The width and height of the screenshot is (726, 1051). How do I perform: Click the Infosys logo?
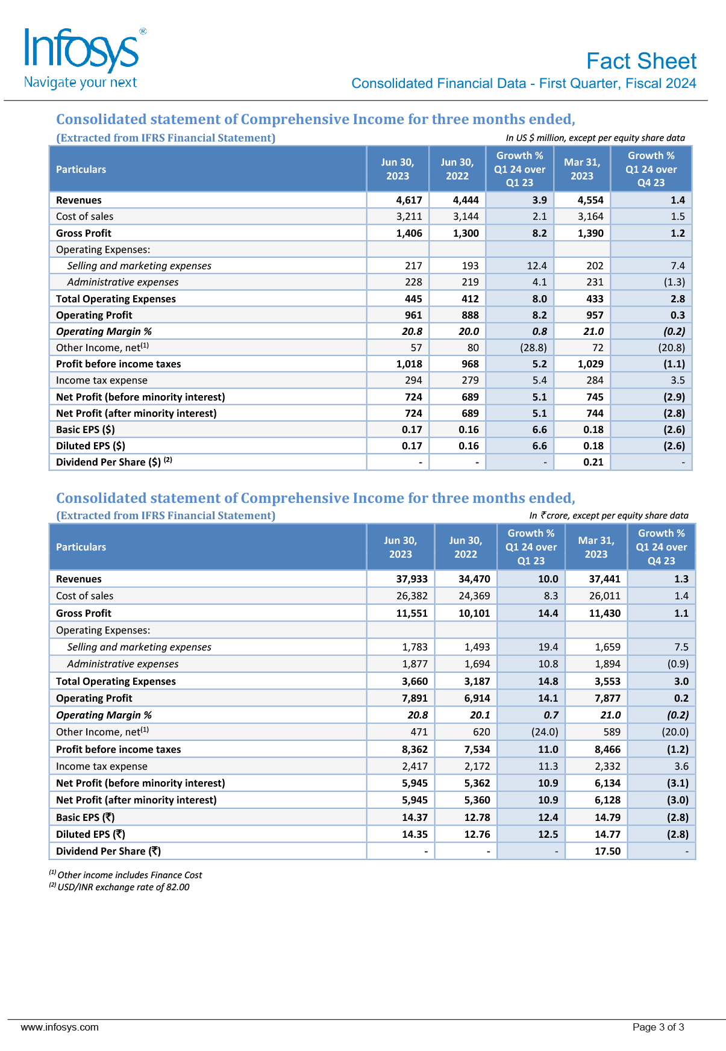[82, 51]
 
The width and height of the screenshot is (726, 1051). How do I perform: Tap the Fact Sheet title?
[641, 61]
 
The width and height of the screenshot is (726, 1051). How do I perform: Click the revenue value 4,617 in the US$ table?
[409, 200]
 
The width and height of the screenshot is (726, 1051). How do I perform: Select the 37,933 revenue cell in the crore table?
[412, 579]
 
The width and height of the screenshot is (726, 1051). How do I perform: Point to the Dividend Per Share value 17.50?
[607, 851]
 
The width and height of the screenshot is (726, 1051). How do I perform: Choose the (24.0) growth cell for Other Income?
[544, 732]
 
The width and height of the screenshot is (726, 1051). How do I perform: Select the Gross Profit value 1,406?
[409, 233]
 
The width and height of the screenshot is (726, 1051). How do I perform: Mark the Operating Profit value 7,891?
[415, 698]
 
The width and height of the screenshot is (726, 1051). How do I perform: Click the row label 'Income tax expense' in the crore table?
[102, 766]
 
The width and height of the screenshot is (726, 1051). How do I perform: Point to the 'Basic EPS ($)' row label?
[86, 429]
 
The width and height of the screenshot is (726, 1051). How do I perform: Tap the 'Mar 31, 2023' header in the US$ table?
[582, 169]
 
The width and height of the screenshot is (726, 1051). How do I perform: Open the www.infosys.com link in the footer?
[60, 1027]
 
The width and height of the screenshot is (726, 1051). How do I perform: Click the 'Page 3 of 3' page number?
[658, 1027]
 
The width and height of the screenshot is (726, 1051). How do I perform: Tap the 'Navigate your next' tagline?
[80, 83]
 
